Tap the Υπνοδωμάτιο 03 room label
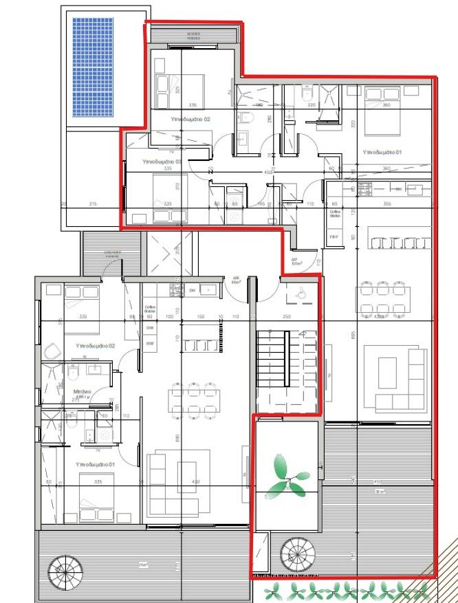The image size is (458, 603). (x=162, y=161)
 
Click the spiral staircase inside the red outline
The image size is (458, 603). (x=297, y=554)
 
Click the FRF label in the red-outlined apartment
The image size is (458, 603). (x=334, y=237)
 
